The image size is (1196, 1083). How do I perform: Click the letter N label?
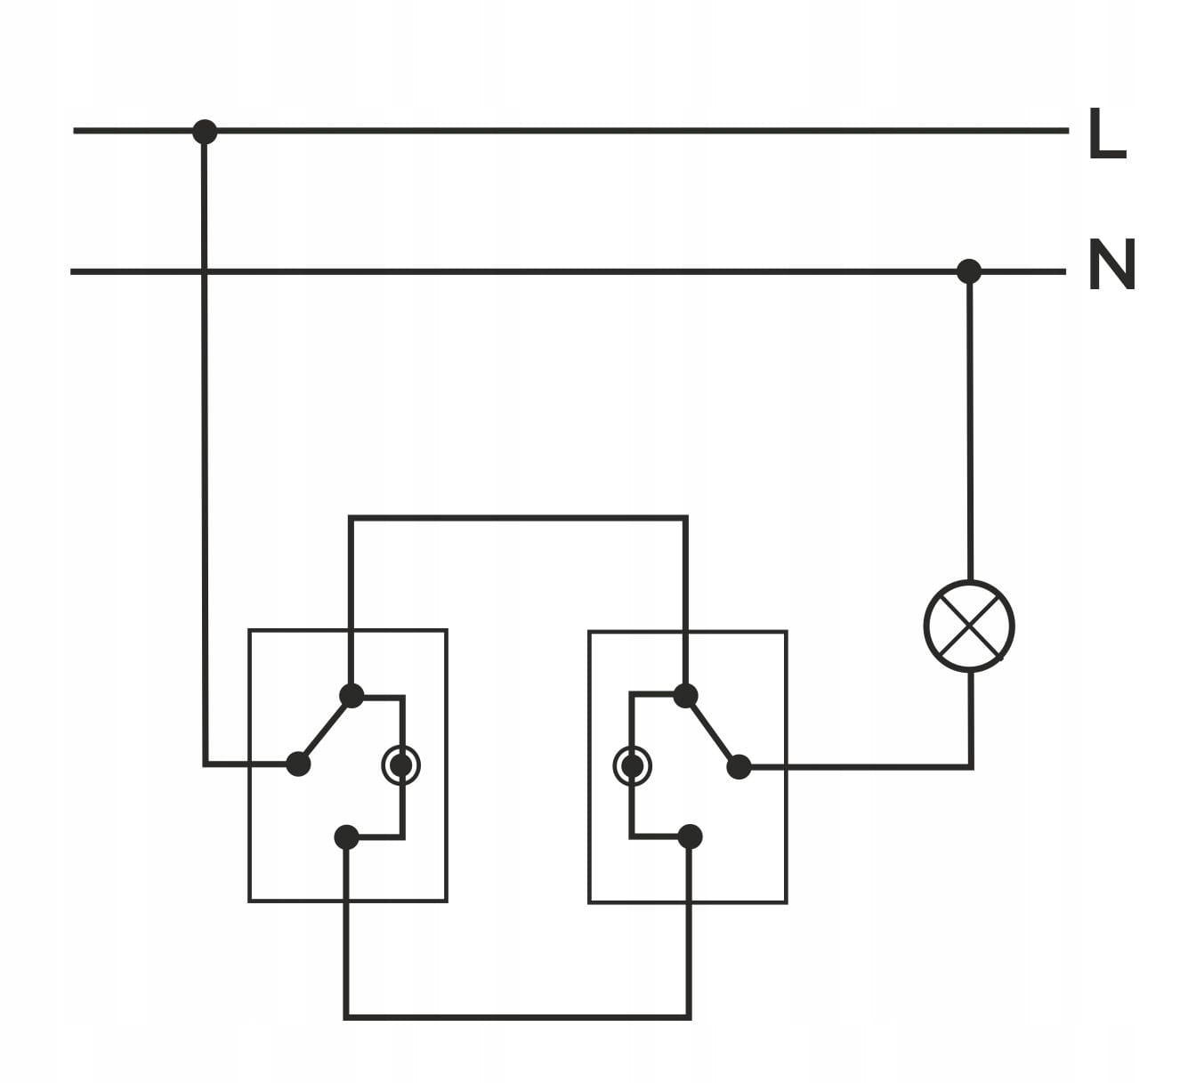1111,265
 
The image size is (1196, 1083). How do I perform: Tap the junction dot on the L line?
205,132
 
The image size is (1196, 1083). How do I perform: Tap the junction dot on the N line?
968,271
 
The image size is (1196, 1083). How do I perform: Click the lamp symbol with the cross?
969,626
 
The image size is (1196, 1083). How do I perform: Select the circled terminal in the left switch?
401,765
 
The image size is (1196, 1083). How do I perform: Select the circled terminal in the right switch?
633,765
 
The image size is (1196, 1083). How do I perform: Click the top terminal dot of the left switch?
352,695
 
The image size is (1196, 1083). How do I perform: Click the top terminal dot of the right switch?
684,695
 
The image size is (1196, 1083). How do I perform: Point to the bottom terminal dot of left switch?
346,837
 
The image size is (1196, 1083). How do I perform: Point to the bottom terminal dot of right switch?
690,836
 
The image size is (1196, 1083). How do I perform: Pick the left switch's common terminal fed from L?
298,764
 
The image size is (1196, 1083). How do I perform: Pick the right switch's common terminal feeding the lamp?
739,766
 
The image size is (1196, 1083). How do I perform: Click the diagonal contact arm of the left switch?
325,730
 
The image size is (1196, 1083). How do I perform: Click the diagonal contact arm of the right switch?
712,731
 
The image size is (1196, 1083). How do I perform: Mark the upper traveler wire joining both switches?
518,517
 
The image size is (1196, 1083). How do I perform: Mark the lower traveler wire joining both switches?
518,1016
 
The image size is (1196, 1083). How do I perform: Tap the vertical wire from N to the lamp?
969,427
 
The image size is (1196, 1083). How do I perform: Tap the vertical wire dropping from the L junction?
205,445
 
